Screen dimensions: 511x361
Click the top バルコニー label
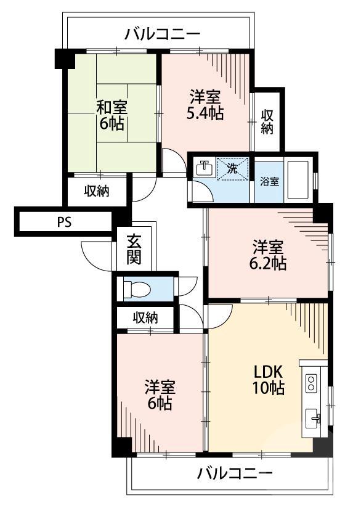[162, 34]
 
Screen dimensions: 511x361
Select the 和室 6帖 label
[112, 114]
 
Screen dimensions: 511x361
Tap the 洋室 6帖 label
[160, 395]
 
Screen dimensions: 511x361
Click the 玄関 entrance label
[134, 249]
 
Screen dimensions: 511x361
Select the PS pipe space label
[65, 222]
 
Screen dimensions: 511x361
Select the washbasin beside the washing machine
[203, 168]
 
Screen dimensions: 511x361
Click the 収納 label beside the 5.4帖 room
[267, 121]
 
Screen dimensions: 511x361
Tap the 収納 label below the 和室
[97, 191]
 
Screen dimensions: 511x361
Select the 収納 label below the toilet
[145, 318]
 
